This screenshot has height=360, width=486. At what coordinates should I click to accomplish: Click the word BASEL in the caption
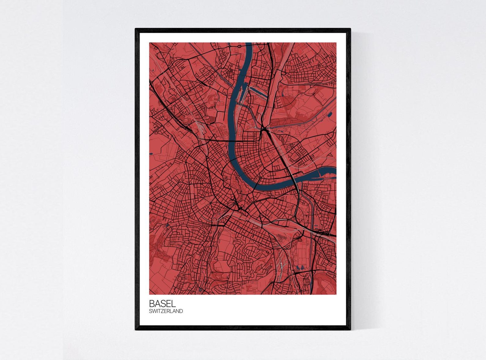[x=162, y=303]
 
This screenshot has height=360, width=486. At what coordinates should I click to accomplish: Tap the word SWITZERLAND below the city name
[x=166, y=311]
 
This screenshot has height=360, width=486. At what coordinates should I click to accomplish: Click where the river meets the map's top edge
[x=249, y=43]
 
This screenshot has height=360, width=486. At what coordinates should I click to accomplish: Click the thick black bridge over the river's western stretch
[x=232, y=141]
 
